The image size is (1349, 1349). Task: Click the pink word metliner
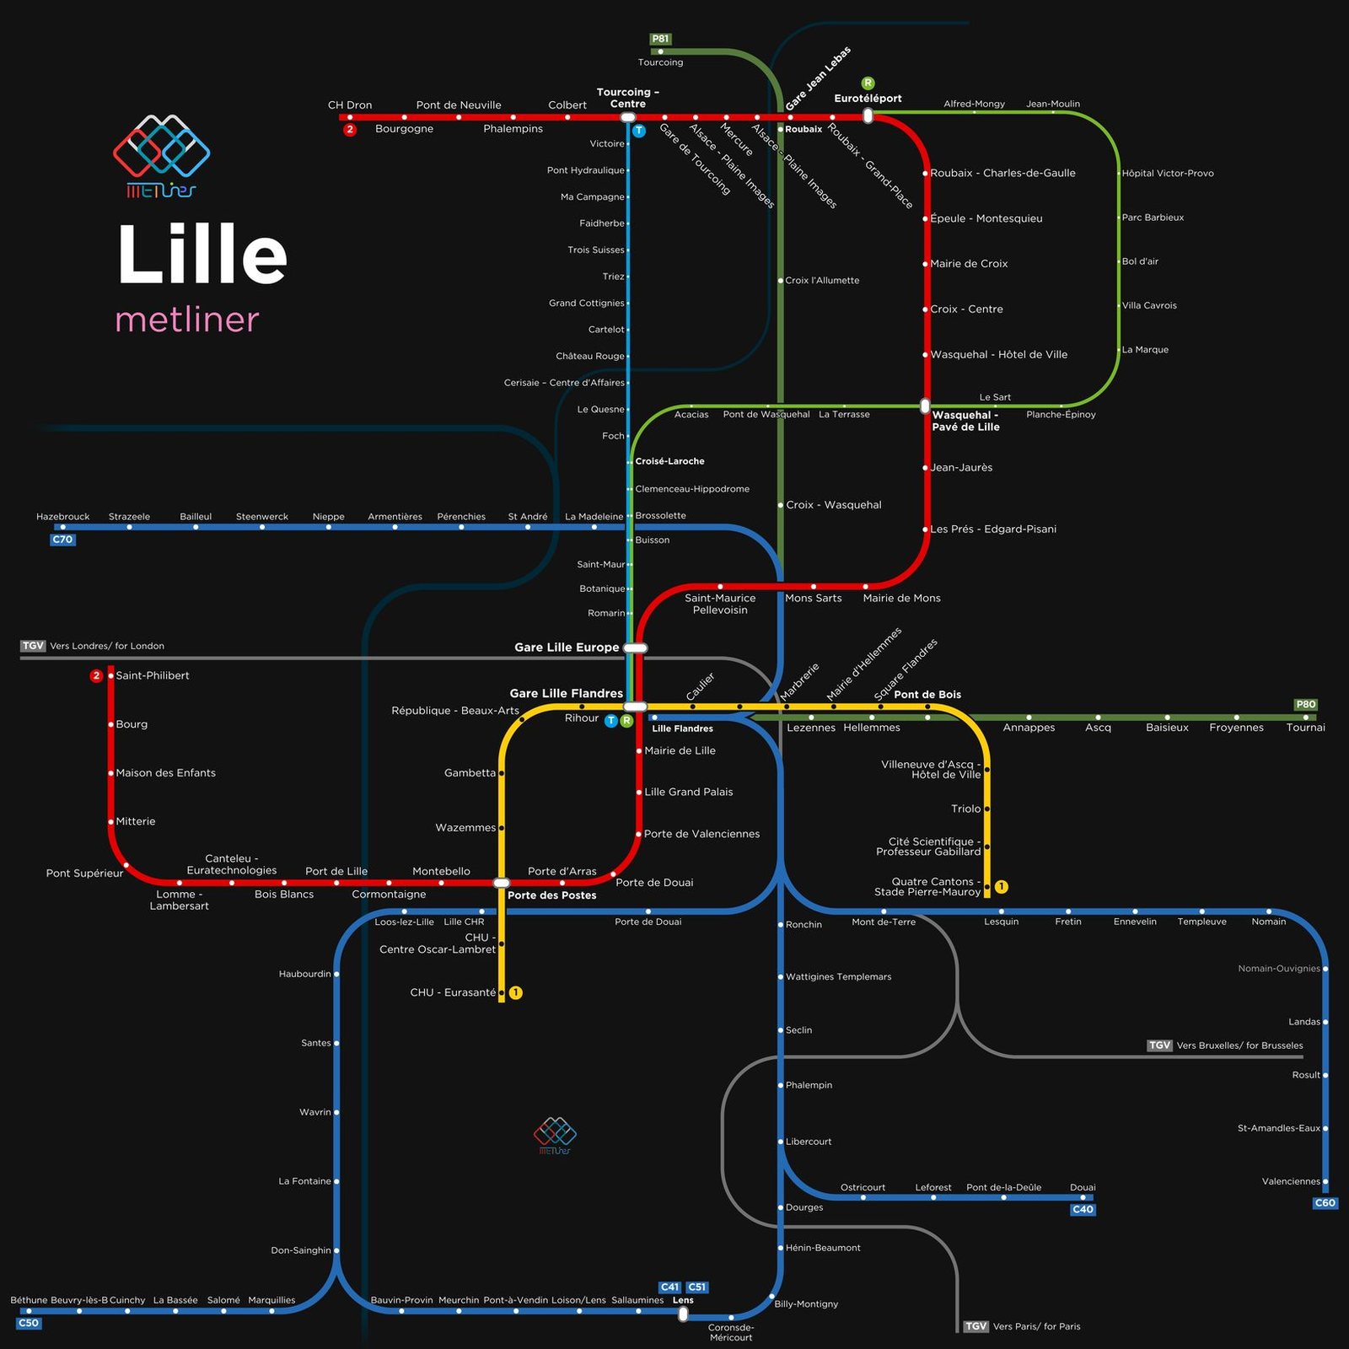(186, 320)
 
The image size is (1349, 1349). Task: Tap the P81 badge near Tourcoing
(660, 39)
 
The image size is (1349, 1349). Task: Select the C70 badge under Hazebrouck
(62, 540)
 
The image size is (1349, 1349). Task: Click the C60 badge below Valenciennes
(1325, 1203)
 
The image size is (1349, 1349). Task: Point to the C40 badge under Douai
(1083, 1209)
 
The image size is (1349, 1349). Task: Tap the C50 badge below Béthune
(29, 1323)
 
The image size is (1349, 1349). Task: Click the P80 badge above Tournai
(1305, 705)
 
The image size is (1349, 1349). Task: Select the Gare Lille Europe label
(567, 648)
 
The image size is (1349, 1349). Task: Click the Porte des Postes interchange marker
(502, 883)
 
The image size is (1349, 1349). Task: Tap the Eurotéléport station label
(868, 99)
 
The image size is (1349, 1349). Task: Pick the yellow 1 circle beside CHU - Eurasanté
(516, 993)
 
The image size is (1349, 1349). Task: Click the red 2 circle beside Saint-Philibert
(96, 675)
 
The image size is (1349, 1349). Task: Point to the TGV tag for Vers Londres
(33, 646)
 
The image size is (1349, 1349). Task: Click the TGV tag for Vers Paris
(975, 1326)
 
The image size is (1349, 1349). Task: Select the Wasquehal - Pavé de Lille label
(966, 421)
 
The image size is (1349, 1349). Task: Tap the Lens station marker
(683, 1314)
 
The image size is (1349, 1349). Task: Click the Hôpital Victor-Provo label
(1168, 173)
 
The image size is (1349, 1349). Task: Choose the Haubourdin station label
(305, 974)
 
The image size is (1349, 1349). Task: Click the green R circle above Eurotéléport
(868, 83)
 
